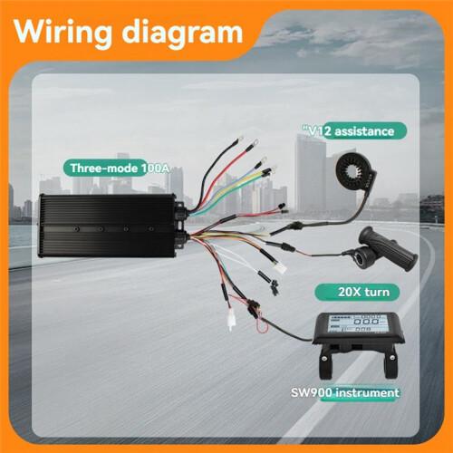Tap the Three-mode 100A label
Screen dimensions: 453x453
point(119,168)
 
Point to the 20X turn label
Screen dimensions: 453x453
point(363,292)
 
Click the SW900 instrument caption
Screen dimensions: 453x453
point(345,393)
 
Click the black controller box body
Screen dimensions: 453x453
point(107,226)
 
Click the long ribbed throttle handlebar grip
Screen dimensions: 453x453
point(389,248)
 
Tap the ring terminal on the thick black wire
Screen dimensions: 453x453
point(241,139)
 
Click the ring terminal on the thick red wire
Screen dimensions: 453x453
point(255,141)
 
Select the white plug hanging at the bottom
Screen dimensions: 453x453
point(231,320)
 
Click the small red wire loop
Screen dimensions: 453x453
point(264,326)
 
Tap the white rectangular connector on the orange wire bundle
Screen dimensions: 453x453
point(279,268)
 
